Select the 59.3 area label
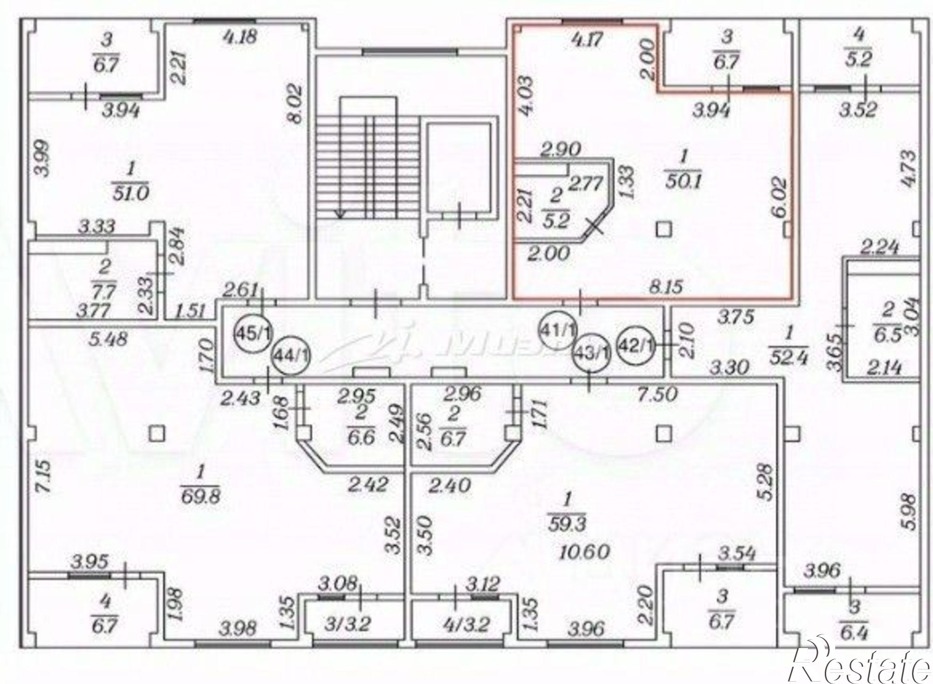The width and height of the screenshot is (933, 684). tap(567, 523)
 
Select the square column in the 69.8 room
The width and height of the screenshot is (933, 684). tap(158, 434)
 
